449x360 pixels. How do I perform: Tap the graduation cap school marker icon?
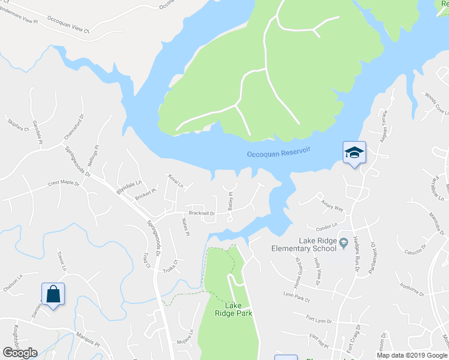pos(354,152)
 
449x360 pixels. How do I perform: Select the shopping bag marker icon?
pos(53,294)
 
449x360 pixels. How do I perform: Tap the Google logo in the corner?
pos(20,353)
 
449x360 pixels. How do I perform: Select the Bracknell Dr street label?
pos(202,213)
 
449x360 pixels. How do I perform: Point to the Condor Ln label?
pos(327,227)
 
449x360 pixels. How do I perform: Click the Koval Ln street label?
pos(176,181)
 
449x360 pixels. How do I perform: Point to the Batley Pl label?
pos(231,200)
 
